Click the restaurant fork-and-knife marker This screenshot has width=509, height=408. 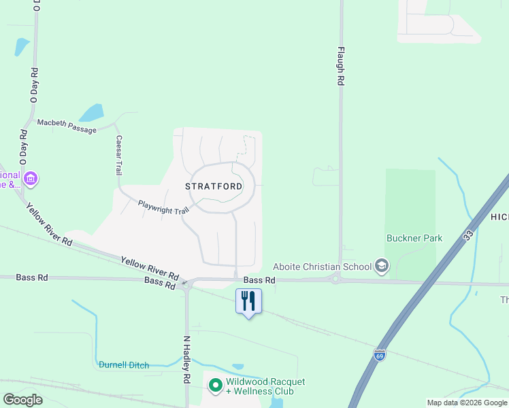248,301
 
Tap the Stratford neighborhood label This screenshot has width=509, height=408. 214,186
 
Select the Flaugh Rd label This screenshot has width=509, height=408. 340,66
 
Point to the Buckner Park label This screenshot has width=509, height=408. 414,238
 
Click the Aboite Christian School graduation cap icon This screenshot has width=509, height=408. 381,266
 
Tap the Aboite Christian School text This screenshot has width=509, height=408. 322,266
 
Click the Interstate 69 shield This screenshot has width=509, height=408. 378,355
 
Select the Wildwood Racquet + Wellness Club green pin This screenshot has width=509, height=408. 216,386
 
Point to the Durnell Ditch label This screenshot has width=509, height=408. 123,365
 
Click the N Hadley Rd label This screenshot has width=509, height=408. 186,361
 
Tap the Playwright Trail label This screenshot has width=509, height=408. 163,207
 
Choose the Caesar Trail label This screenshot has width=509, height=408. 118,155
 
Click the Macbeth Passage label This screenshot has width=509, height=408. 67,125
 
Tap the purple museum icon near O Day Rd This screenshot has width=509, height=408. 30,179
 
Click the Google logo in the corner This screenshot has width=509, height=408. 22,400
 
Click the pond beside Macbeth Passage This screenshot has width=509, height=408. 91,112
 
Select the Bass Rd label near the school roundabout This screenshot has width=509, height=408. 259,279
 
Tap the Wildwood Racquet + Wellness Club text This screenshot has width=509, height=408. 265,386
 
